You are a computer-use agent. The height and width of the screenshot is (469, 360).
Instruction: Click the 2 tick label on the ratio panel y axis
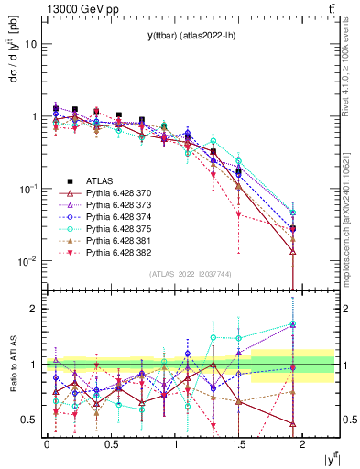tap(34, 309)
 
